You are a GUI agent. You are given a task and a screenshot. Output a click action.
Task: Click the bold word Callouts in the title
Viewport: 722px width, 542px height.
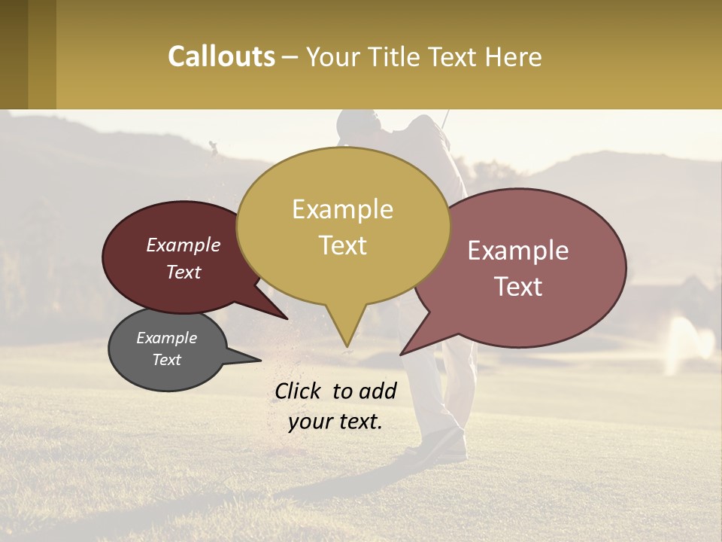point(221,56)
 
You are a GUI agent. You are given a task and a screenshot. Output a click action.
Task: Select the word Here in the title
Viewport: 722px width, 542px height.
point(511,57)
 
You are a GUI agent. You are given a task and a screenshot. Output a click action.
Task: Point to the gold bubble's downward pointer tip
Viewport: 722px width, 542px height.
point(347,346)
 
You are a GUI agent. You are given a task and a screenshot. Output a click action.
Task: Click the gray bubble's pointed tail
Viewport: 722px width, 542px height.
point(258,359)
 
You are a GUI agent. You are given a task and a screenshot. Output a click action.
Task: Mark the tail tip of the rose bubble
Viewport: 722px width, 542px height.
point(402,353)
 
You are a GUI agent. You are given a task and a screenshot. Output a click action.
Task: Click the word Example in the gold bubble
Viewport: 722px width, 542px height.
point(343,209)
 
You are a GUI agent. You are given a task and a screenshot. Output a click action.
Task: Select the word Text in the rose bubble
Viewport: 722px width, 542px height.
point(518,287)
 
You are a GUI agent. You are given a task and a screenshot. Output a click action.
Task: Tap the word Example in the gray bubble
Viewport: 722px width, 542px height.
point(167,338)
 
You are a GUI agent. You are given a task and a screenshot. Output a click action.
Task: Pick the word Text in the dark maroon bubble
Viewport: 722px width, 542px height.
point(184,273)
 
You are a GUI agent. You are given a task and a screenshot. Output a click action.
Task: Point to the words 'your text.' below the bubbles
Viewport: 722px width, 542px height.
point(335,422)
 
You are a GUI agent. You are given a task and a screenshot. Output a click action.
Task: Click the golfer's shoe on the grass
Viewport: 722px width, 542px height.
point(444,448)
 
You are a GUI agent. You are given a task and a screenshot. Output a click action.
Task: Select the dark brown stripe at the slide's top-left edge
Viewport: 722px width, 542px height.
point(14,54)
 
